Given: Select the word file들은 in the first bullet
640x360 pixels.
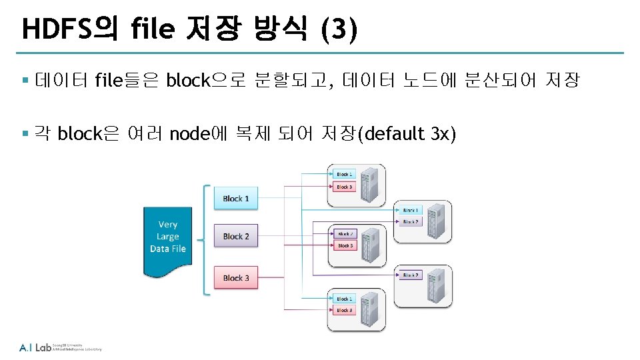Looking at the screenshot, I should pos(127,81).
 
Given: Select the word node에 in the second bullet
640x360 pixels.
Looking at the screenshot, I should pos(199,134).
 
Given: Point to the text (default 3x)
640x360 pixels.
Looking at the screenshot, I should pos(407,134).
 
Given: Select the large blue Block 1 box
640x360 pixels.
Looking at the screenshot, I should pos(236,199).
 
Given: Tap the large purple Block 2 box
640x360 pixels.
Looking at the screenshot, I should pos(236,237).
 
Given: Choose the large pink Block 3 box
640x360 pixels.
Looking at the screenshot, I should pos(236,277).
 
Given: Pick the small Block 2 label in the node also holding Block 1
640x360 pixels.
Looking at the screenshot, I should pos(410,221).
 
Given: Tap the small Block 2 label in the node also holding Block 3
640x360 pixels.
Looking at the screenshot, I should pos(345,234).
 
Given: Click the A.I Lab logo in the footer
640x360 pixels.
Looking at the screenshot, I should pos(35,347).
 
